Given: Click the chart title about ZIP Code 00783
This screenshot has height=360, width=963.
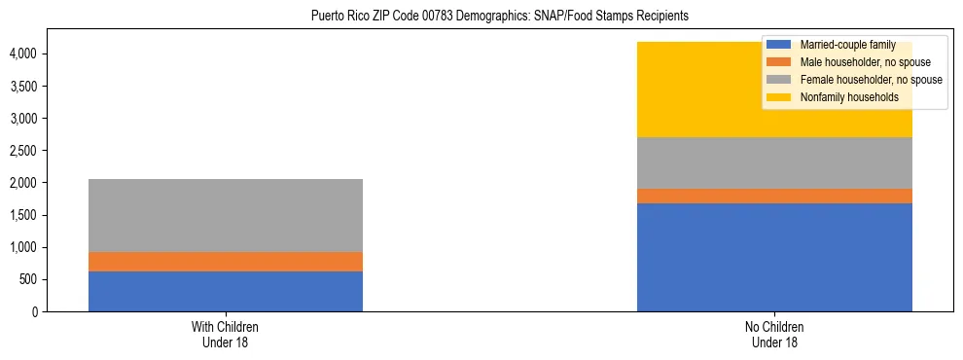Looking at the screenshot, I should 499,17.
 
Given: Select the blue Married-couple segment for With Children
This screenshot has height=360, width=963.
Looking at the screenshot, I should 226,291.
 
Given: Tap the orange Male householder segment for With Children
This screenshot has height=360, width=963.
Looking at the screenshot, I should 226,262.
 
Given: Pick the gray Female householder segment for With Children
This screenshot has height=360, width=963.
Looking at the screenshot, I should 226,215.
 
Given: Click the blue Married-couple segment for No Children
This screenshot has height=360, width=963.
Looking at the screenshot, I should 774,257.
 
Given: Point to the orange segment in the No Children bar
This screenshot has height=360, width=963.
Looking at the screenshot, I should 774,196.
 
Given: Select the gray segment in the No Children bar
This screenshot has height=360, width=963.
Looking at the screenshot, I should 774,162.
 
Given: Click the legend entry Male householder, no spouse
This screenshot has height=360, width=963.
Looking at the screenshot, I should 856,62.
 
